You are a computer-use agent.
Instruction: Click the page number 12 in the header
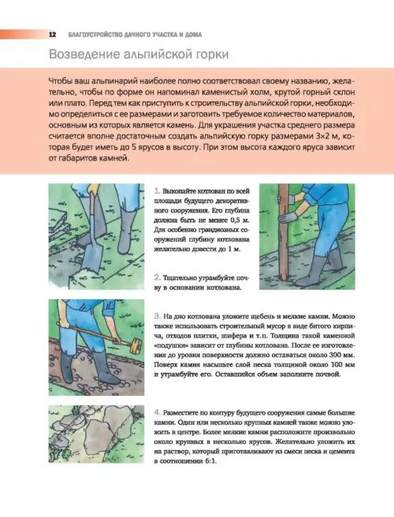coord(52,35)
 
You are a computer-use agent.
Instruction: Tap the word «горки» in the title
coord(211,54)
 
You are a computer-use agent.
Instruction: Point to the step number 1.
coord(157,191)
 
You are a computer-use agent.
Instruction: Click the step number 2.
coord(157,278)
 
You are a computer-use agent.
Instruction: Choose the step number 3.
coord(157,316)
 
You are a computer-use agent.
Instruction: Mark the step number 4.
coord(157,412)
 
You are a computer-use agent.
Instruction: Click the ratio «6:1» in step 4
coord(210,461)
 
